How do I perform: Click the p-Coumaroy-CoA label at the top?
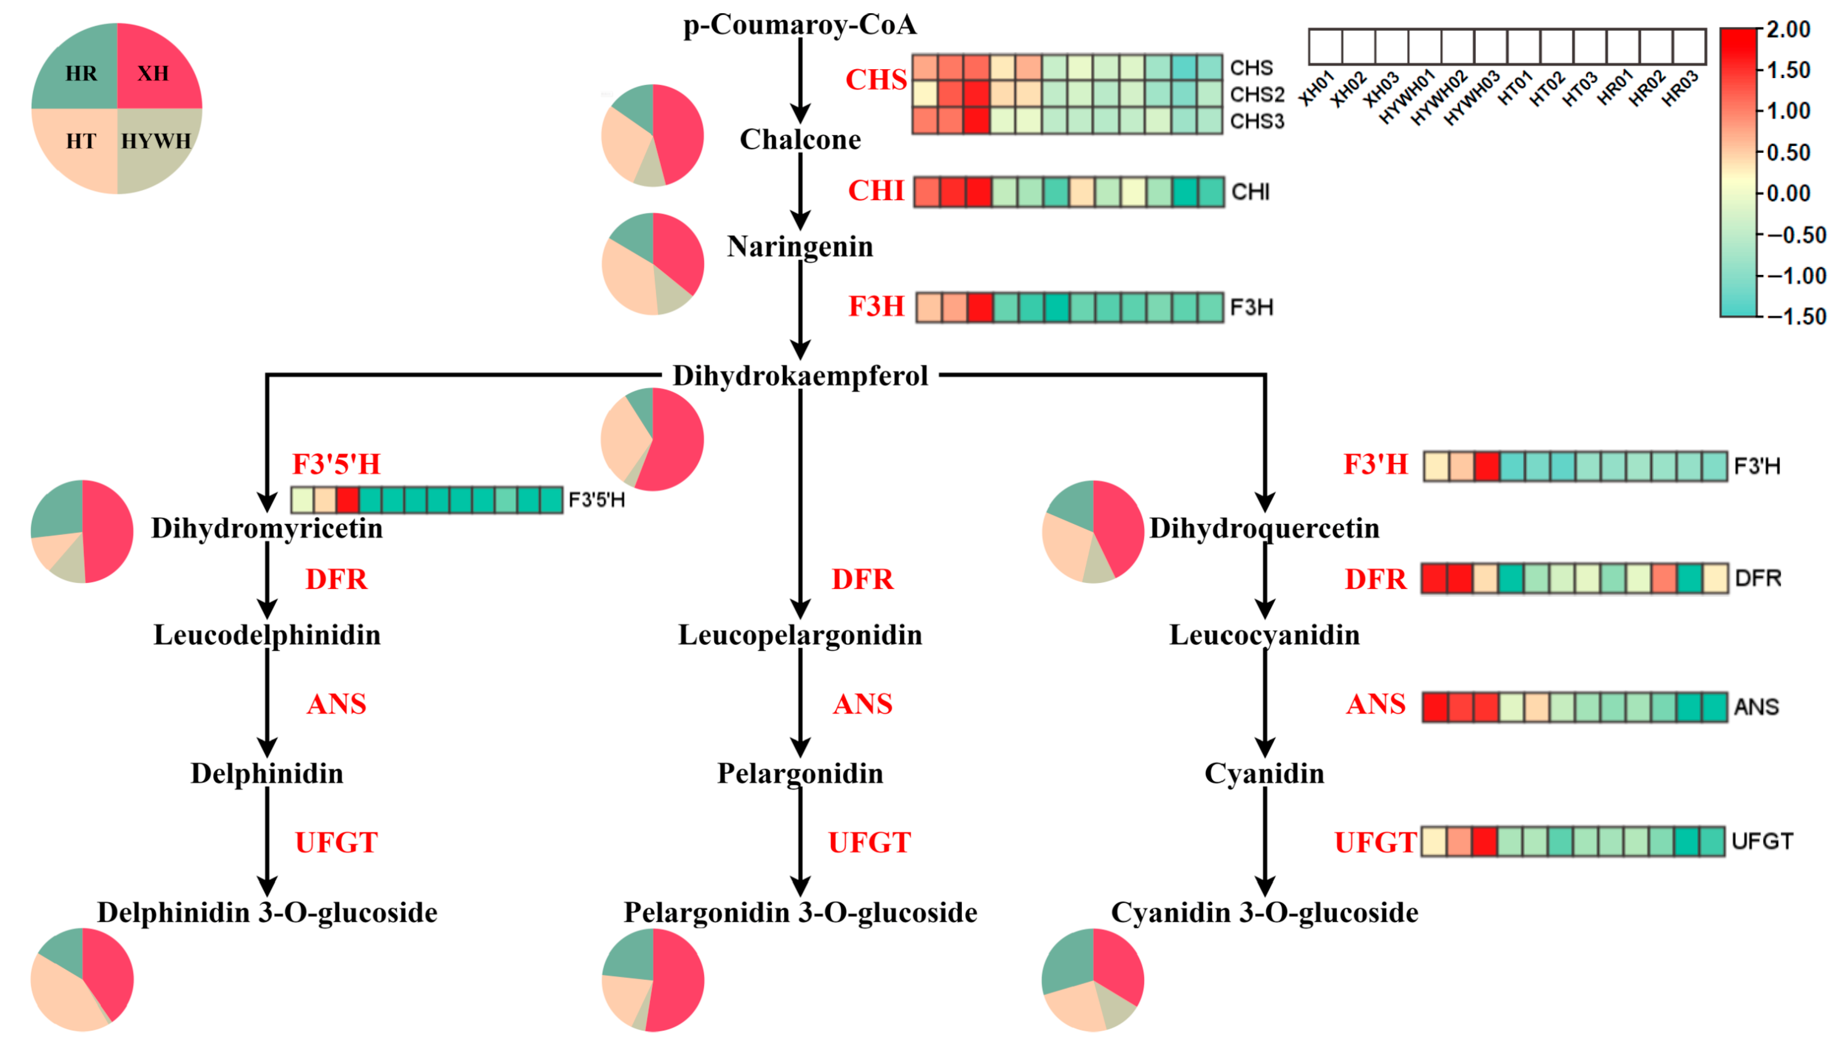point(800,25)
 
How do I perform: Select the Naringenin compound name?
point(800,246)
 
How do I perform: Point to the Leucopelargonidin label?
point(800,635)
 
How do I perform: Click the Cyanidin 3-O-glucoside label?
point(1264,912)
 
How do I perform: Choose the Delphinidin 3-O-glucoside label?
point(267,912)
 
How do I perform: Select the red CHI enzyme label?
point(875,191)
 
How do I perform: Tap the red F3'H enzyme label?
point(1375,464)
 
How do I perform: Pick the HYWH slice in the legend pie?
point(156,141)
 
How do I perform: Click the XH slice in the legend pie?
point(153,73)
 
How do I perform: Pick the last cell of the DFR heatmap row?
point(1715,579)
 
